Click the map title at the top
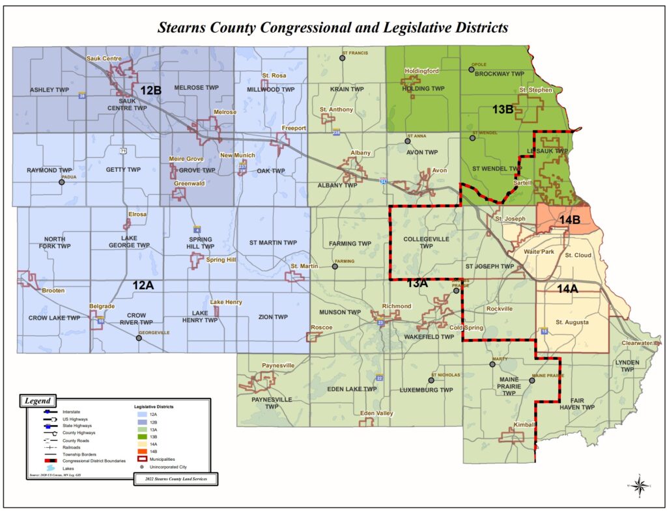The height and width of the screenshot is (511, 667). pos(333,28)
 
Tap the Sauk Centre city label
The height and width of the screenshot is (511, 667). pos(104,59)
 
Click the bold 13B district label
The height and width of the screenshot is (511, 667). pos(503,110)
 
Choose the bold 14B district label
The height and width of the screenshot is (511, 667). pos(569,220)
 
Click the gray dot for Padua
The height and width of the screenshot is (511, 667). pos(62,182)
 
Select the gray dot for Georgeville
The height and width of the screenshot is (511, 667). pos(138,338)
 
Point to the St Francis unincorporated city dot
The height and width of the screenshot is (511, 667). pos(342,58)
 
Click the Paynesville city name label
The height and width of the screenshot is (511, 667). pos(277,365)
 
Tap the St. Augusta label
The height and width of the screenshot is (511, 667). pos(572,322)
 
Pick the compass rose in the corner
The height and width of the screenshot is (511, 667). pos(640,484)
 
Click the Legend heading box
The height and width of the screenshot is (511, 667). pos(38,400)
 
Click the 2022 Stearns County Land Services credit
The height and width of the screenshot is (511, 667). pos(175,479)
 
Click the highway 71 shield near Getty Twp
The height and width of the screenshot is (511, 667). pos(122,150)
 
